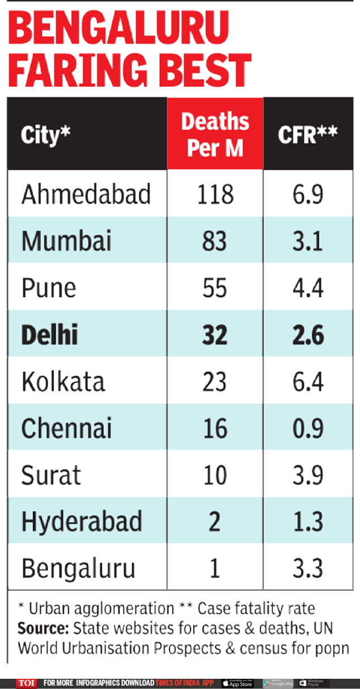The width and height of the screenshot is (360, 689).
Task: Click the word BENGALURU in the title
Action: pyautogui.click(x=119, y=27)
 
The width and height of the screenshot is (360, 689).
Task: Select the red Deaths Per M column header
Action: pyautogui.click(x=215, y=134)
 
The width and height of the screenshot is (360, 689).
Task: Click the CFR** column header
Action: pyautogui.click(x=307, y=134)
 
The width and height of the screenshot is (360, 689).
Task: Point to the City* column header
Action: pyautogui.click(x=46, y=135)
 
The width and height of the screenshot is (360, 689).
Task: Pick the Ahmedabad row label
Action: pyautogui.click(x=86, y=195)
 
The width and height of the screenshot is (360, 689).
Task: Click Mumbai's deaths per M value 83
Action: pyautogui.click(x=215, y=242)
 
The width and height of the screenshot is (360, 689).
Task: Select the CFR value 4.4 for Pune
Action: pyautogui.click(x=307, y=288)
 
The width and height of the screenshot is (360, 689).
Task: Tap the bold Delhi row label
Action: pyautogui.click(x=49, y=335)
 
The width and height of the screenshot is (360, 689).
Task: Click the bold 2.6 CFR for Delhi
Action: pyautogui.click(x=307, y=335)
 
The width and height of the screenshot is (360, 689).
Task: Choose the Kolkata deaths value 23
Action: pyautogui.click(x=215, y=382)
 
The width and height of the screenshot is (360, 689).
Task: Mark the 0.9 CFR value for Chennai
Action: pyautogui.click(x=307, y=429)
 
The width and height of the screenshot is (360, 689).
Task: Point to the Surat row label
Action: pyautogui.click(x=51, y=475)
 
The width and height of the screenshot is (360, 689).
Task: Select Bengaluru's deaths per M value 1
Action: pyautogui.click(x=215, y=568)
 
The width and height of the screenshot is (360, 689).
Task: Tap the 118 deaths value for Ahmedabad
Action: pyautogui.click(x=215, y=195)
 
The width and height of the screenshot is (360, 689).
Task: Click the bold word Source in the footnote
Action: pyautogui.click(x=42, y=628)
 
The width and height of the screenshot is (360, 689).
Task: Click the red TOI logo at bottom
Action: pyautogui.click(x=26, y=683)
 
